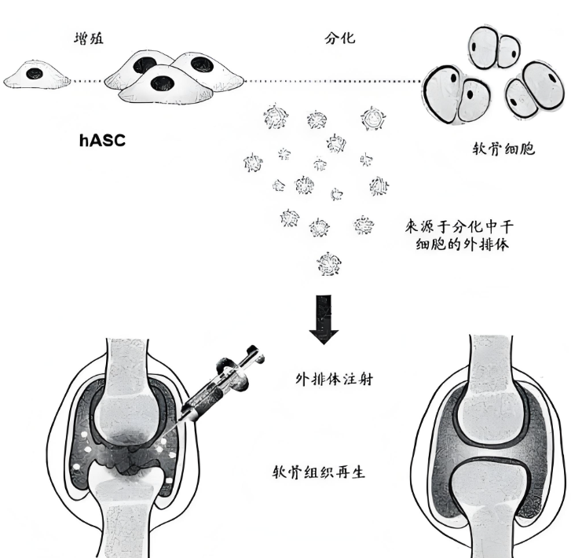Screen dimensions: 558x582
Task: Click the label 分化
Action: pos(339,38)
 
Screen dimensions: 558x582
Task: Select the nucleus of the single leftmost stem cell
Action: pos(35,74)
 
